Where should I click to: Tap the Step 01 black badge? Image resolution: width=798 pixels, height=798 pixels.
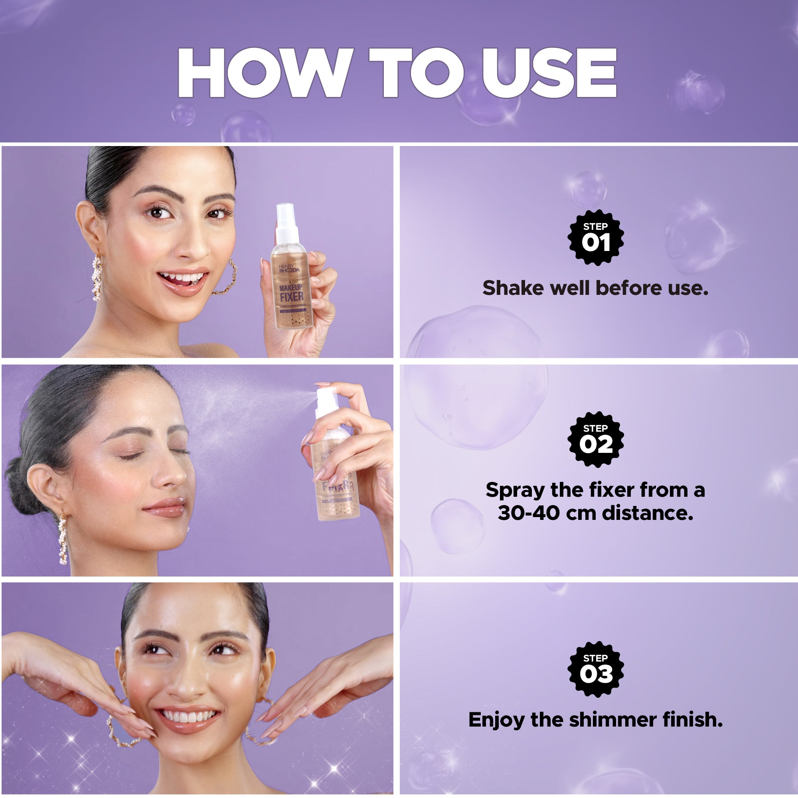[595, 237]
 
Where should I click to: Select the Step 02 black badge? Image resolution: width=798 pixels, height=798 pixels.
[595, 439]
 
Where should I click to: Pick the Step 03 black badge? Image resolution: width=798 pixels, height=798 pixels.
[595, 669]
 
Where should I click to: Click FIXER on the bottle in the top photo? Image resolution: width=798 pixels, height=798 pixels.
[291, 296]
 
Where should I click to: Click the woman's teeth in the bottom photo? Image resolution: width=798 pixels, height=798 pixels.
[188, 717]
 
